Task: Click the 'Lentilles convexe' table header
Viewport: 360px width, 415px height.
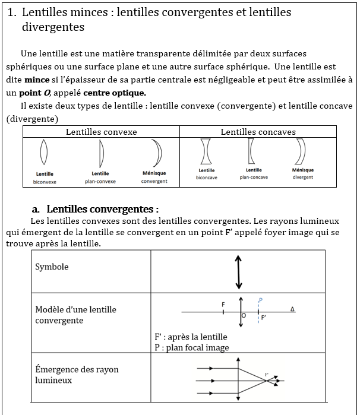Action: click(x=101, y=132)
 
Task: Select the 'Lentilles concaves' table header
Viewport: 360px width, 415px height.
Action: click(x=258, y=132)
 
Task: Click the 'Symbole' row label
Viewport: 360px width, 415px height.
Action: click(x=52, y=267)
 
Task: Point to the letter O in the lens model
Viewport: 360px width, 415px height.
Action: click(x=244, y=316)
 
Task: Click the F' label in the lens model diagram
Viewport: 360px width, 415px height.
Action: click(x=264, y=318)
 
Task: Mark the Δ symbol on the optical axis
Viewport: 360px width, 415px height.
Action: click(x=292, y=309)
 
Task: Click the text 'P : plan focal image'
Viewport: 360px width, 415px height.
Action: click(x=191, y=348)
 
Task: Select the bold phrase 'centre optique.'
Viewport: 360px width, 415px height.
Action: click(x=115, y=93)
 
